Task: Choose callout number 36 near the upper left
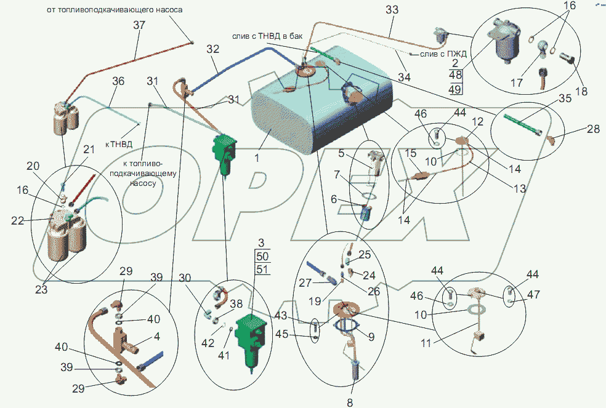pyautogui.click(x=118, y=82)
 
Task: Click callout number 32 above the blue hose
pyautogui.click(x=212, y=49)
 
